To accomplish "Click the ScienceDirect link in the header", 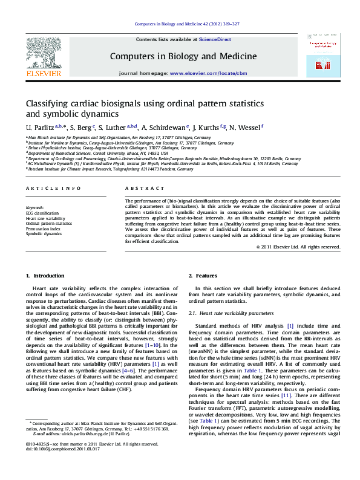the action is pyautogui.click(x=215, y=39).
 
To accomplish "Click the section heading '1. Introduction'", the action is pyautogui.click(x=44, y=276).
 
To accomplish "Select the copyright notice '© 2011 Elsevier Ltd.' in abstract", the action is pyautogui.click(x=298, y=247).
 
